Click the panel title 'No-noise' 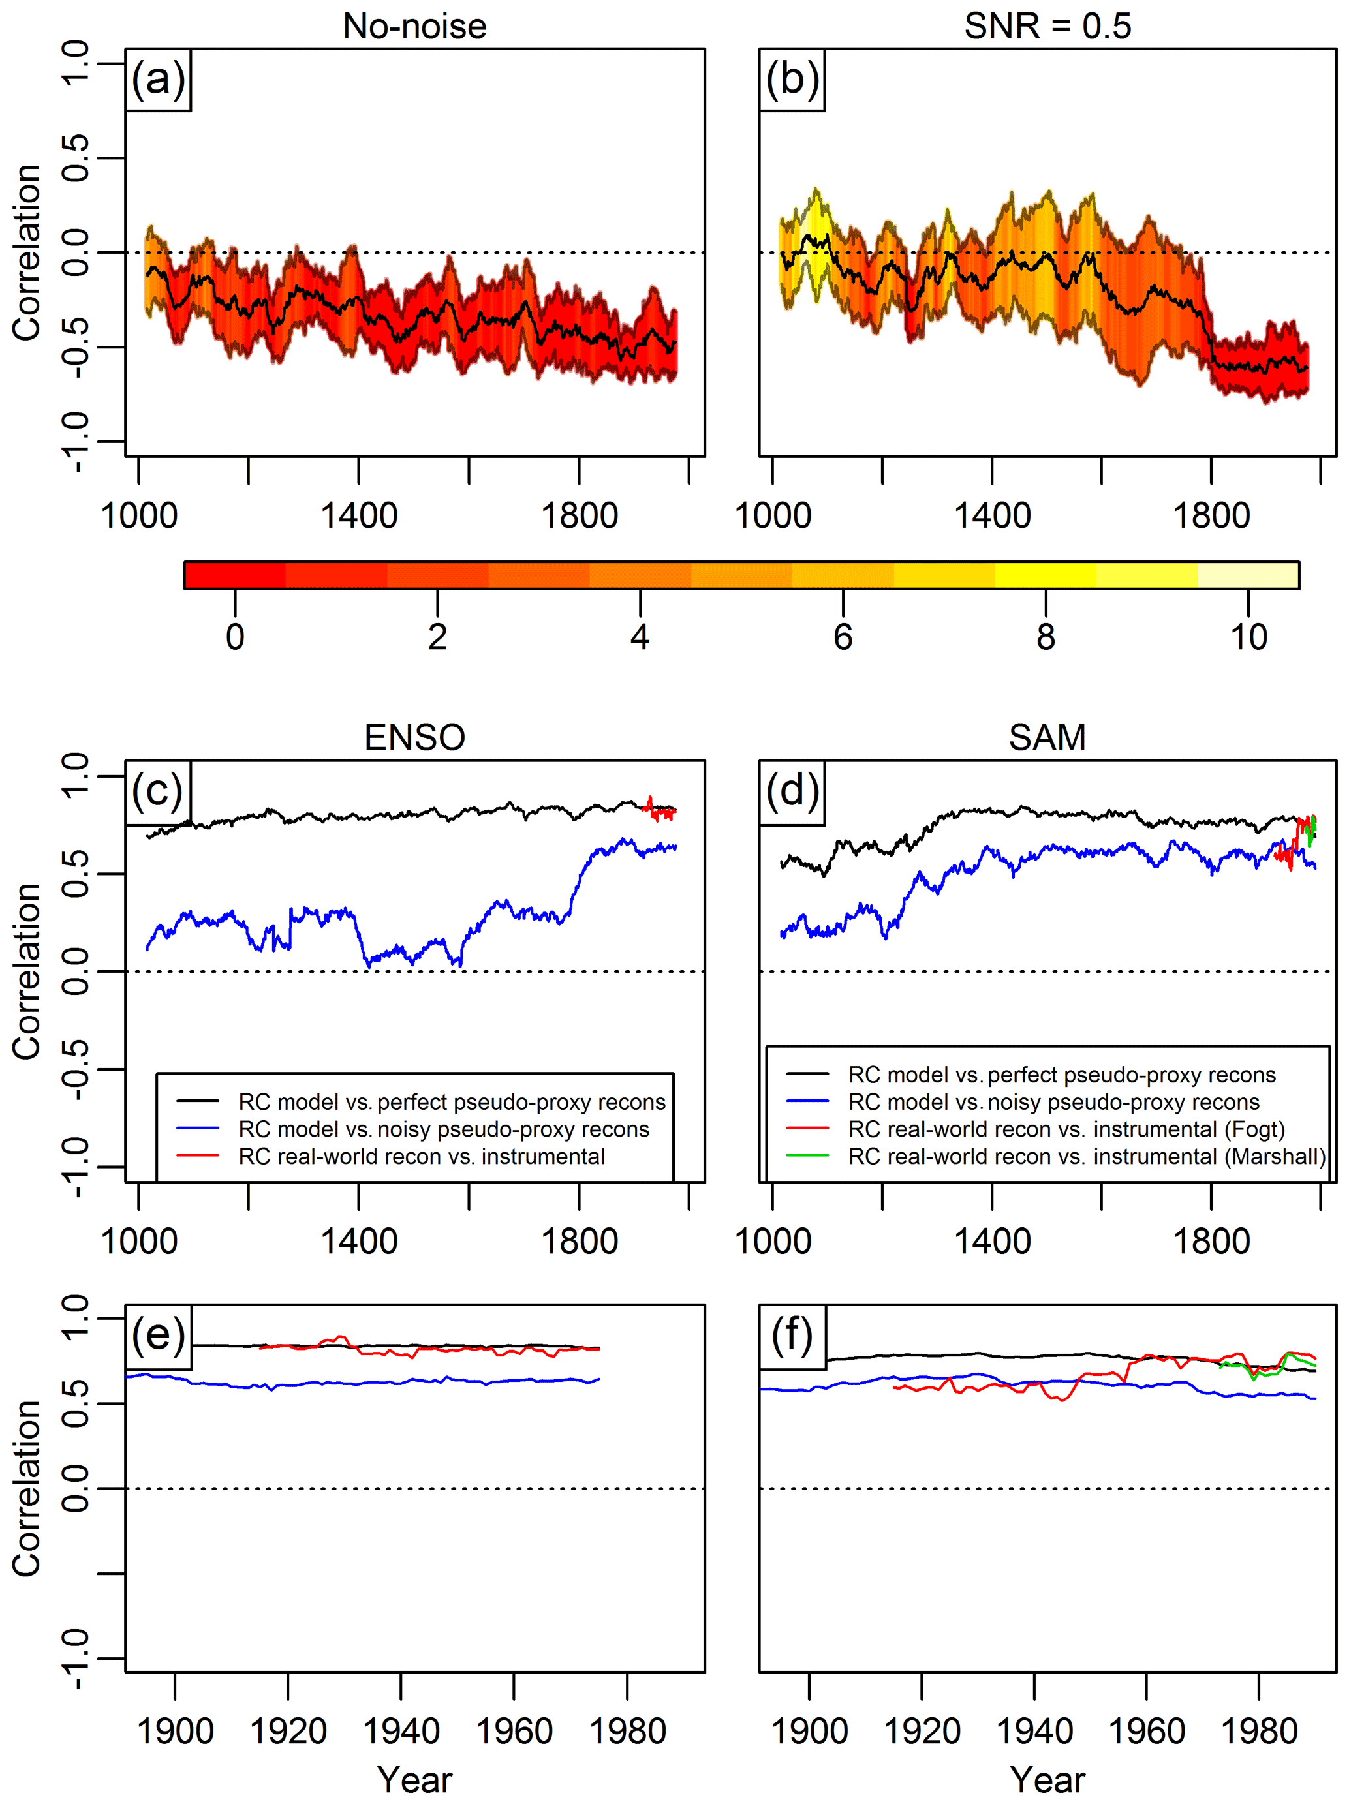tap(414, 26)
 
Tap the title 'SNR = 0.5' tap(1047, 26)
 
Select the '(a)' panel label tap(158, 80)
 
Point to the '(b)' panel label tap(792, 80)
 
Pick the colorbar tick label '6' tap(843, 637)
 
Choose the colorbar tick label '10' tap(1248, 637)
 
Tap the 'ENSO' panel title tap(414, 738)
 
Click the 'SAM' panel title tap(1047, 738)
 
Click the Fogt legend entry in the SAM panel tap(1066, 1129)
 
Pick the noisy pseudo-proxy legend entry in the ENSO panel tap(444, 1129)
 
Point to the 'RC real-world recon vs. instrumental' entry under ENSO tap(421, 1156)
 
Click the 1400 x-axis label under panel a tap(359, 516)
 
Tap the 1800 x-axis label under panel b tap(1211, 516)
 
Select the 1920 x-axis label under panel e tap(288, 1732)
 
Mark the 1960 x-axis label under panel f tap(1147, 1732)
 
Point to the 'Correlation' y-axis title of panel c tap(27, 971)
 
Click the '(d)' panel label tap(792, 791)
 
